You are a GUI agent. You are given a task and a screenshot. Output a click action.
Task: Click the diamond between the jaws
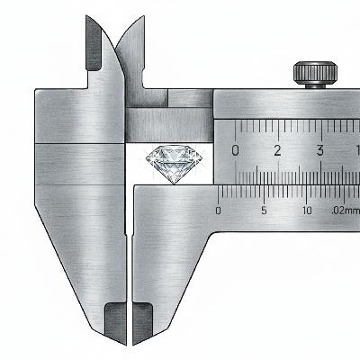(175, 164)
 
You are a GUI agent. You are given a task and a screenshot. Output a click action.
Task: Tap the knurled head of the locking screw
(315, 73)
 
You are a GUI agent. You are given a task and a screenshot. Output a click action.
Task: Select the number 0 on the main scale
(236, 151)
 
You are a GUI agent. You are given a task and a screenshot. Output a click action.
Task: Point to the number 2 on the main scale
(278, 150)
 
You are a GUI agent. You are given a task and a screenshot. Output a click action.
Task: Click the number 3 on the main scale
(320, 150)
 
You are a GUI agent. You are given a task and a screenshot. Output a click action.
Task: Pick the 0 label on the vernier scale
(219, 211)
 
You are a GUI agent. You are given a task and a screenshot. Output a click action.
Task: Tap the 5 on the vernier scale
(264, 211)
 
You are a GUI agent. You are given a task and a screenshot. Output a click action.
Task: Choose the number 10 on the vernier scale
(307, 211)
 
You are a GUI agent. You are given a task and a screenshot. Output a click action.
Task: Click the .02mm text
(346, 211)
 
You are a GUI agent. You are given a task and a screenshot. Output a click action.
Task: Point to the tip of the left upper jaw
(86, 15)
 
